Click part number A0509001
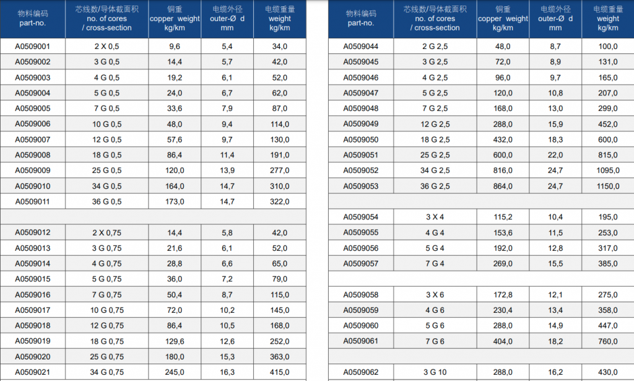point(32,46)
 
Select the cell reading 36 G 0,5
point(106,201)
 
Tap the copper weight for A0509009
point(175,170)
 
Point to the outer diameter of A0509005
point(227,108)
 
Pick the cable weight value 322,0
point(280,201)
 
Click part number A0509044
point(361,46)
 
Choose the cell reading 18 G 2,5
point(435,139)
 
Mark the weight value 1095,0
point(608,170)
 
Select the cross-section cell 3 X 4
point(435,217)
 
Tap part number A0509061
point(361,341)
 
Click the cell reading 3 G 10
point(435,372)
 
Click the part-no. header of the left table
point(33,19)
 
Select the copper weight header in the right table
point(503,19)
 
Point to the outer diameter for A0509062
point(555,372)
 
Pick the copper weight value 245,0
point(175,372)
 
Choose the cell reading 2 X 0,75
point(106,232)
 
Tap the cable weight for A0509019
point(280,341)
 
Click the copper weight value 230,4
point(503,310)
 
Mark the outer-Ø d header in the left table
point(227,19)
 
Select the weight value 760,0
point(608,341)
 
